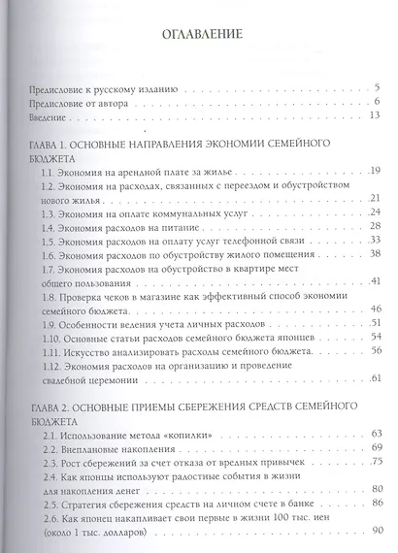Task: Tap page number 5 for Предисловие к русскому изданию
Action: [375, 88]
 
